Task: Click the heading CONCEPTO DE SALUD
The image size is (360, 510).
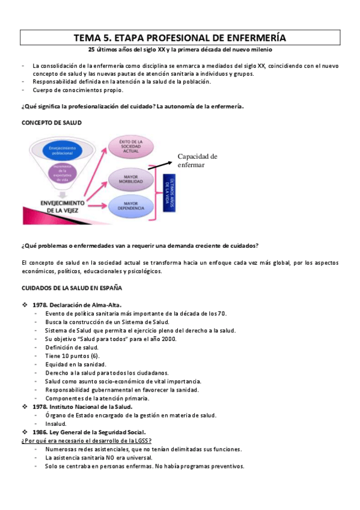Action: click(x=52, y=122)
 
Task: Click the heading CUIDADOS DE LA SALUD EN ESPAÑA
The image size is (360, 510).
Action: click(x=72, y=288)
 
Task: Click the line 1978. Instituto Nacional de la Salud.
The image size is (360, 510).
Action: click(x=81, y=407)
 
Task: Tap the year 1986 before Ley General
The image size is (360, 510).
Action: click(x=40, y=432)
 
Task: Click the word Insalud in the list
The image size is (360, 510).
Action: click(x=56, y=423)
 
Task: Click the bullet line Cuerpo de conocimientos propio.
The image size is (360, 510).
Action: click(x=78, y=90)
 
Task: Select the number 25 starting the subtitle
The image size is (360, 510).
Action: click(x=92, y=50)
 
